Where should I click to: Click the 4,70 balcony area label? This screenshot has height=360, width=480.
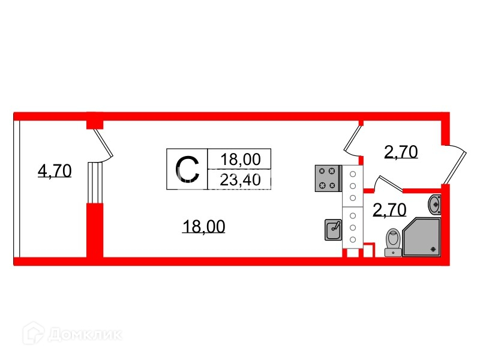click(55, 172)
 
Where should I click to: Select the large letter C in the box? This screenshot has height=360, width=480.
click(187, 169)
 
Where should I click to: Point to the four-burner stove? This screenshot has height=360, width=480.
click(327, 178)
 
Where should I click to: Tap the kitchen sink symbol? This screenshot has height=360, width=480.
click(333, 229)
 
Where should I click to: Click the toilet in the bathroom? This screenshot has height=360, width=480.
click(392, 241)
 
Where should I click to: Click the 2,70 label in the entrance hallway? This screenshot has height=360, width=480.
click(401, 152)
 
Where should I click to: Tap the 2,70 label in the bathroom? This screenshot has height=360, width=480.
click(390, 209)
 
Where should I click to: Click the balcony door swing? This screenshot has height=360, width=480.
click(103, 144)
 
